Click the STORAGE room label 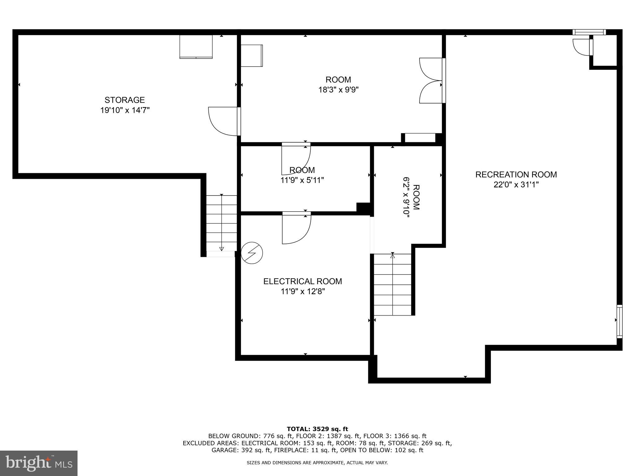pyautogui.click(x=125, y=100)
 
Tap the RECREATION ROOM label pyautogui.click(x=516, y=174)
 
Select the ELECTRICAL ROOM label pyautogui.click(x=302, y=281)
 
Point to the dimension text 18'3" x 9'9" pyautogui.click(x=338, y=90)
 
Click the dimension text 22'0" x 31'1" pyautogui.click(x=516, y=185)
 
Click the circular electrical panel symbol pyautogui.click(x=252, y=253)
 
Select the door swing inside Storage pyautogui.click(x=223, y=121)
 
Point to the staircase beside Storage pyautogui.click(x=222, y=223)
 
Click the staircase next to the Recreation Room pyautogui.click(x=393, y=284)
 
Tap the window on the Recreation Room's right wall pyautogui.click(x=619, y=321)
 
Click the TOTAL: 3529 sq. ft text pyautogui.click(x=317, y=429)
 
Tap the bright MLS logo pyautogui.click(x=39, y=463)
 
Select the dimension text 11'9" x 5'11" pyautogui.click(x=302, y=180)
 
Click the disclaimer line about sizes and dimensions pyautogui.click(x=317, y=463)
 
